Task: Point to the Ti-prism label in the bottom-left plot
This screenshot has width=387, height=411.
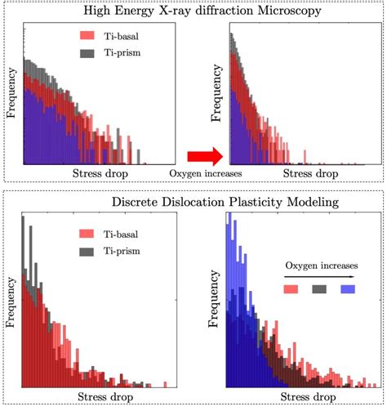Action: click(134, 251)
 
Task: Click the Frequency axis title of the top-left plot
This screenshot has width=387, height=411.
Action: click(12, 96)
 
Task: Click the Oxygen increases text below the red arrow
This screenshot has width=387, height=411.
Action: click(198, 174)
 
